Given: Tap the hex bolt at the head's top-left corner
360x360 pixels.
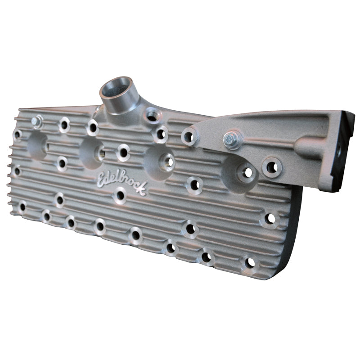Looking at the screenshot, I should (x=37, y=121).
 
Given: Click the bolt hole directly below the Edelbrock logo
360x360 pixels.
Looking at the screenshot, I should (x=120, y=196).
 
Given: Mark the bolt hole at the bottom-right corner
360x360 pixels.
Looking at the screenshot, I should (x=249, y=262).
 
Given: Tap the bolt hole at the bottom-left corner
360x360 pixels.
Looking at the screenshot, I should (x=22, y=207).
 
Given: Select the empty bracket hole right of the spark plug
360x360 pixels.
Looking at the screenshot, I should (x=271, y=167).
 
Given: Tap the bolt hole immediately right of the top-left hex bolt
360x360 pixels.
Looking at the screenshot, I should (x=64, y=125).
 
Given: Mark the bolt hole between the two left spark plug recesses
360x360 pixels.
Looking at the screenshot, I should (x=62, y=163).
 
